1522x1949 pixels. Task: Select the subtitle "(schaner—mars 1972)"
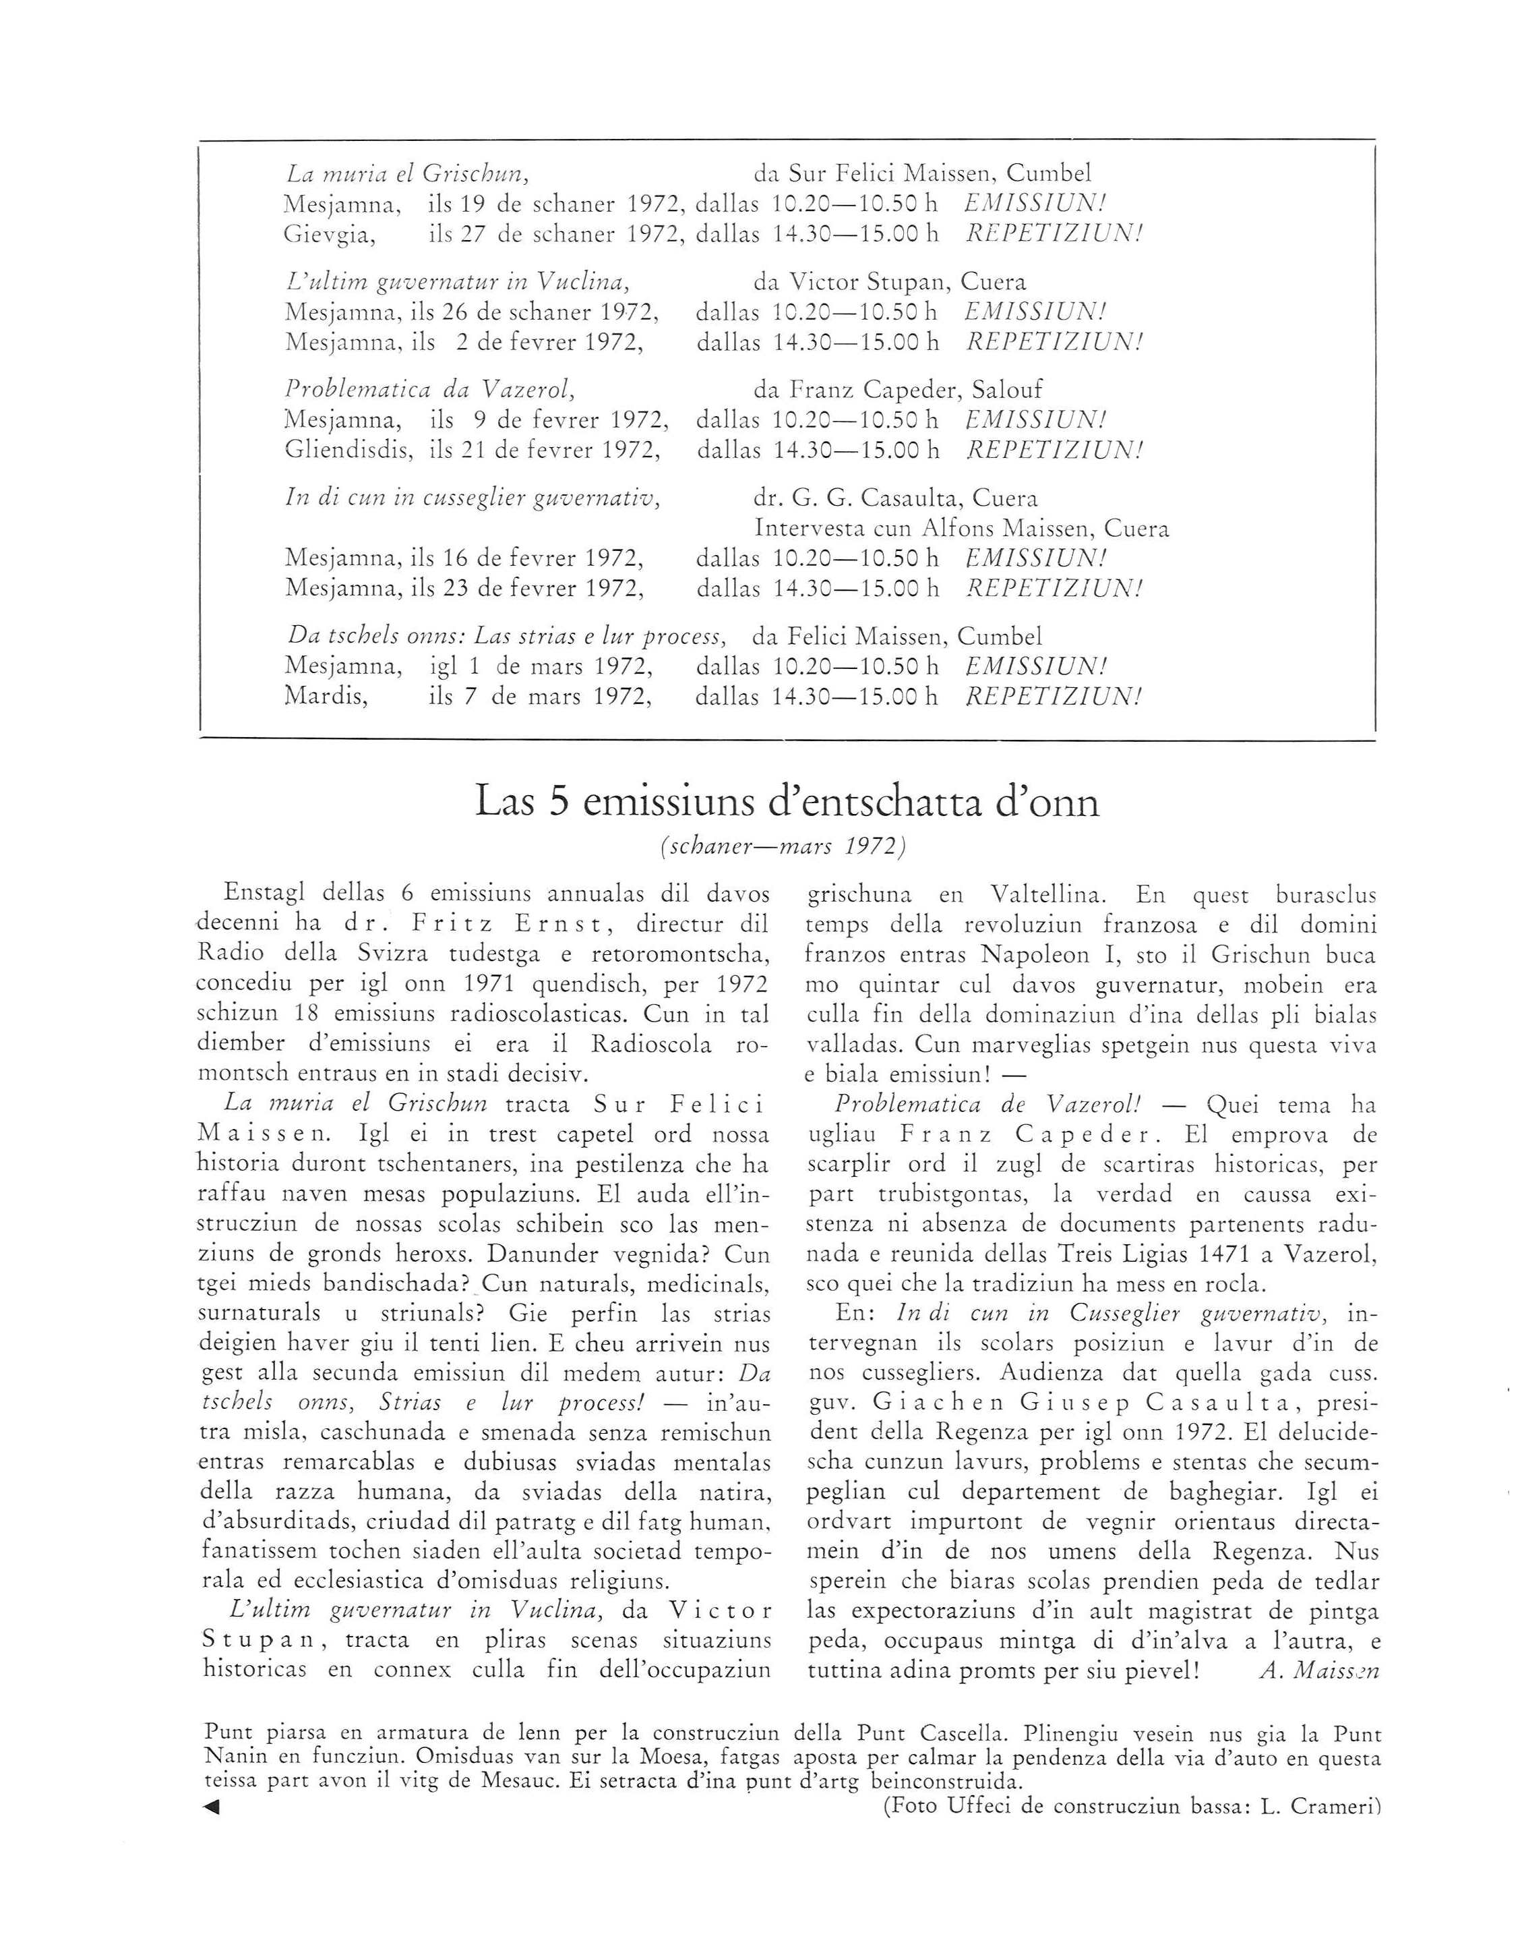pyautogui.click(x=783, y=846)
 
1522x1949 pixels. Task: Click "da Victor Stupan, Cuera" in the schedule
pyautogui.click(x=890, y=282)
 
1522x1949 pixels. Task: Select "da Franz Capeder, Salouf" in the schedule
pyautogui.click(x=898, y=390)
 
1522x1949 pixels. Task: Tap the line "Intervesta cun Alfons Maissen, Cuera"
pyautogui.click(x=962, y=528)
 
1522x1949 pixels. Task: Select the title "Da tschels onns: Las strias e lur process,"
pyautogui.click(x=506, y=636)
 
